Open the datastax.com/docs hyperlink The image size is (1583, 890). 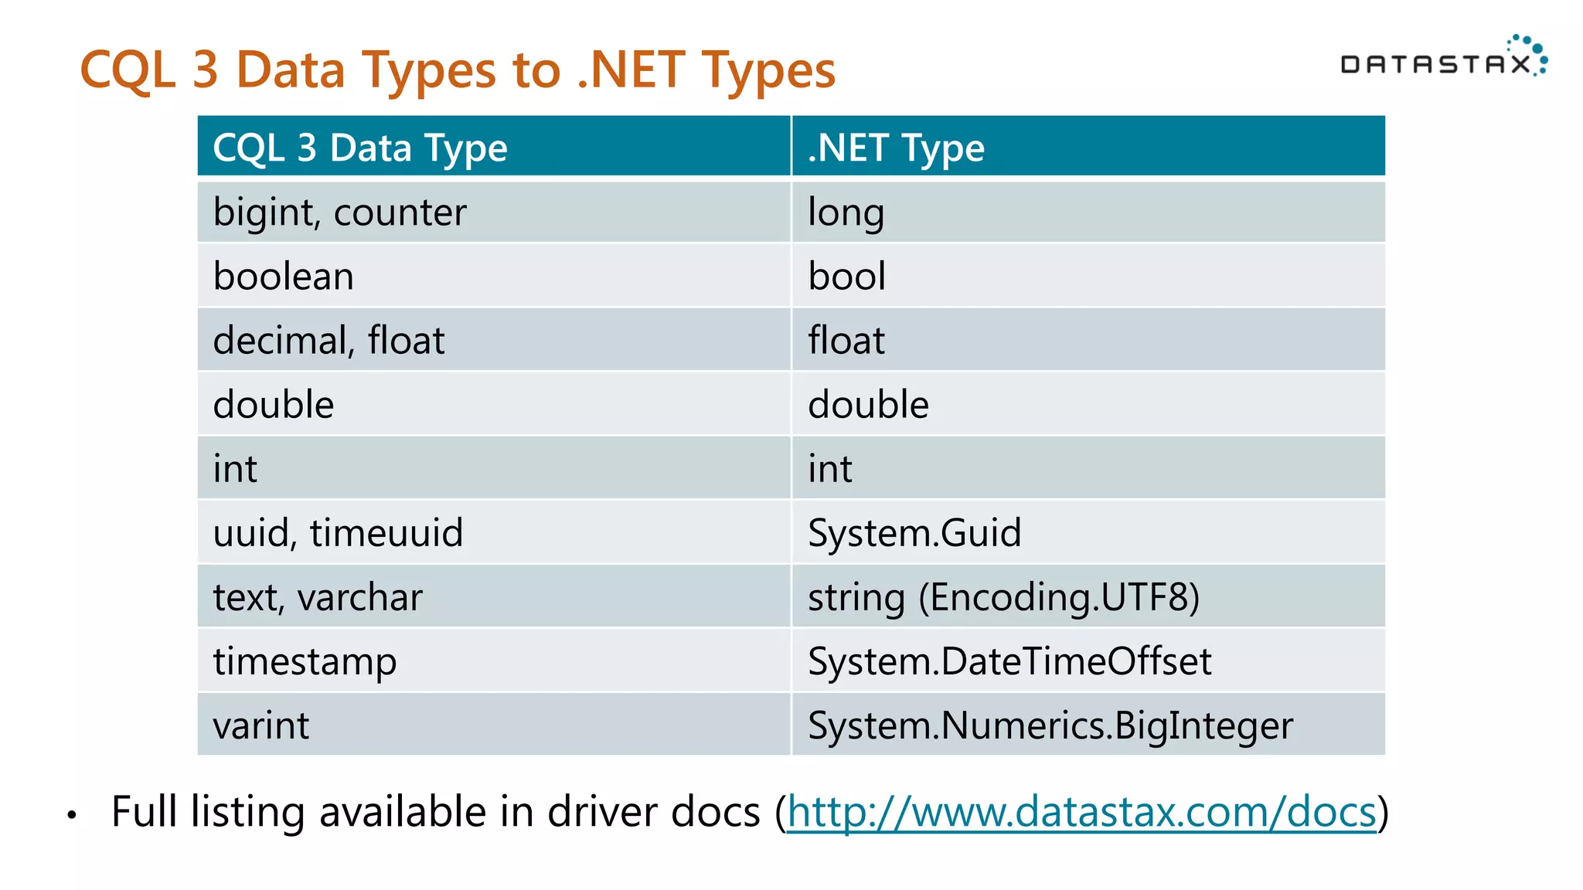[x=1081, y=812]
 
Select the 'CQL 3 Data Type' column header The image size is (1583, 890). [x=360, y=148]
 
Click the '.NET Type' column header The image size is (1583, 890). [x=896, y=148]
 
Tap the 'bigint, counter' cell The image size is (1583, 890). [x=340, y=212]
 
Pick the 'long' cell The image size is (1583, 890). [x=846, y=212]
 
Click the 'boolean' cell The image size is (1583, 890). [x=284, y=277]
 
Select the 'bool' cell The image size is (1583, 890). [x=846, y=277]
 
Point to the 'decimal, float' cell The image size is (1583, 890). [x=329, y=341]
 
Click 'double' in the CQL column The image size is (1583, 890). [x=274, y=405]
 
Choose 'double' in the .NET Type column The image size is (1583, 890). [x=868, y=405]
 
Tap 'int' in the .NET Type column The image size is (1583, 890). [x=829, y=469]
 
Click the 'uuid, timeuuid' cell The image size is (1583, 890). [x=338, y=533]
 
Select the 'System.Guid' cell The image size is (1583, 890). [x=914, y=533]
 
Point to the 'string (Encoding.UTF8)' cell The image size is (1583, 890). [x=1003, y=597]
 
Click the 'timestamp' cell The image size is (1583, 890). [x=305, y=661]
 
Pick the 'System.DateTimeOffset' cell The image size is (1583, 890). [x=1009, y=661]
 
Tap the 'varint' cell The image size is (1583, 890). [x=261, y=725]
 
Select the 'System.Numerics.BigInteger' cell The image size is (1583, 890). [x=1050, y=725]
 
